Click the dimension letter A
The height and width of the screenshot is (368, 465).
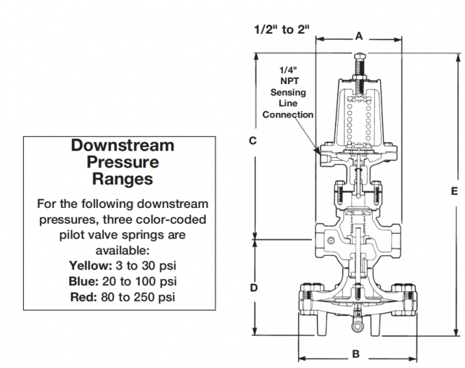pyautogui.click(x=358, y=37)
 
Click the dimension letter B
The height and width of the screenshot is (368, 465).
pyautogui.click(x=355, y=354)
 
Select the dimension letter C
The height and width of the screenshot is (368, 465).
pyautogui.click(x=252, y=141)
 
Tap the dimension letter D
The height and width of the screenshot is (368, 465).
pyautogui.click(x=253, y=288)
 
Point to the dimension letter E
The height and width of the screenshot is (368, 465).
pyautogui.click(x=453, y=192)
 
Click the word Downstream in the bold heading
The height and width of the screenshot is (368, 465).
pyautogui.click(x=123, y=146)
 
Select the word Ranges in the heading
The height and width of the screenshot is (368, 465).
pyautogui.click(x=123, y=179)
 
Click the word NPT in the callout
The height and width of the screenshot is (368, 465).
pyautogui.click(x=288, y=81)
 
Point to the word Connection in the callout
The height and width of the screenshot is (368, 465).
pyautogui.click(x=288, y=115)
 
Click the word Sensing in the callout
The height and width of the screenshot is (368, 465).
pyautogui.click(x=288, y=92)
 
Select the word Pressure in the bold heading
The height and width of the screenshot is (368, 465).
pyautogui.click(x=123, y=162)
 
